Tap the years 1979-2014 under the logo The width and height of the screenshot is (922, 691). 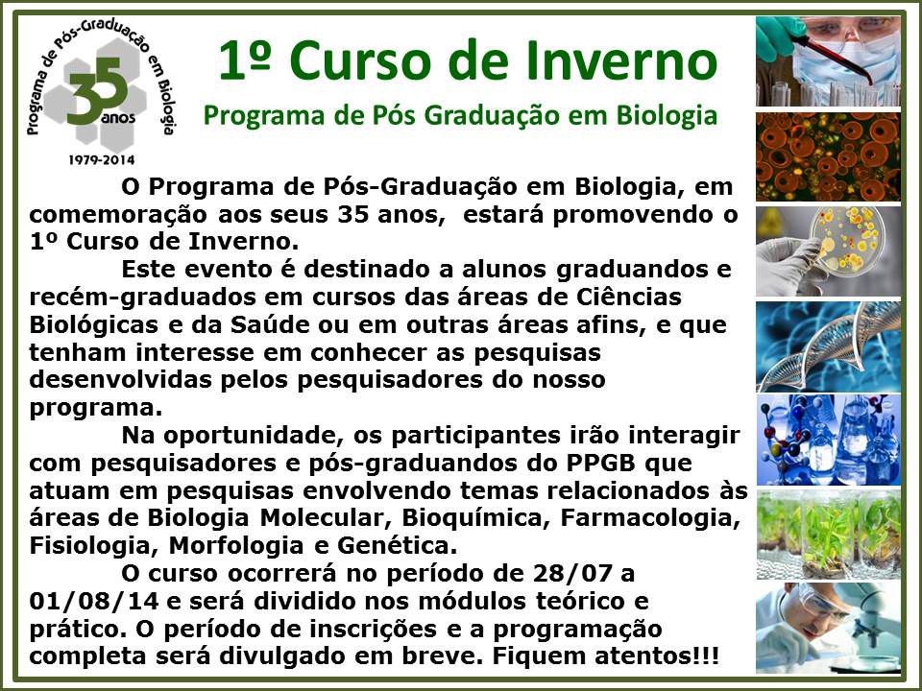click(102, 160)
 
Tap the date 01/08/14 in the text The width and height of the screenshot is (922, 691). click(93, 601)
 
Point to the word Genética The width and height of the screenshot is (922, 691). click(397, 546)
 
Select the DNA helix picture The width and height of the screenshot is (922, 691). click(828, 346)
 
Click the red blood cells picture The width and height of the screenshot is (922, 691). click(828, 156)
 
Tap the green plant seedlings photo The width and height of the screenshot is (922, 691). click(828, 535)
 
